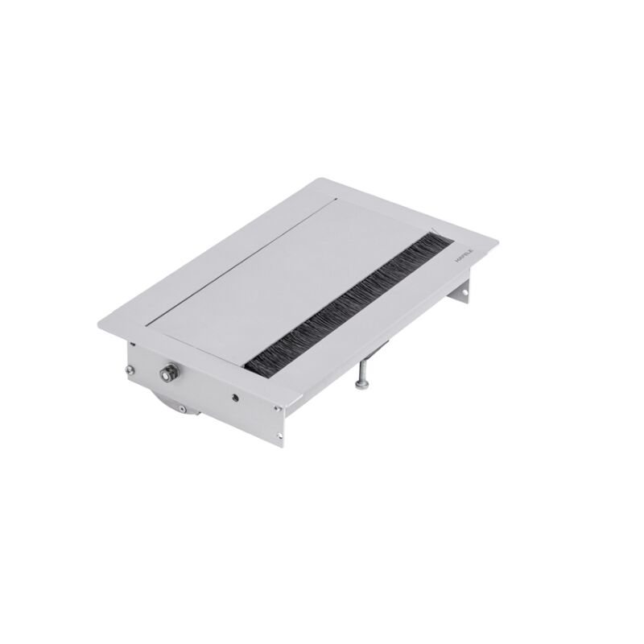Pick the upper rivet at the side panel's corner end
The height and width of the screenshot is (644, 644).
(277, 411)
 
